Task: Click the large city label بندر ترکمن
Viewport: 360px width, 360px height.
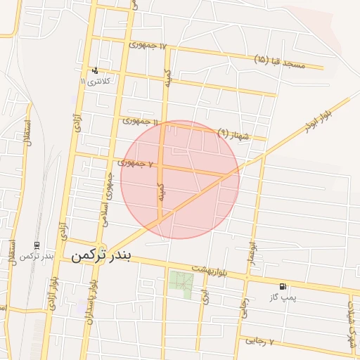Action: click(101, 255)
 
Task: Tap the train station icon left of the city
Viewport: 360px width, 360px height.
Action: click(37, 245)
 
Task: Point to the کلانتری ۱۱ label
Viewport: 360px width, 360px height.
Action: click(96, 81)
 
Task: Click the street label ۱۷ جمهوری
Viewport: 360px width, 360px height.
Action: click(148, 45)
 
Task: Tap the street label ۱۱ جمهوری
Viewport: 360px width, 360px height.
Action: click(140, 121)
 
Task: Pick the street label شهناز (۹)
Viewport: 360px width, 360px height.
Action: click(234, 133)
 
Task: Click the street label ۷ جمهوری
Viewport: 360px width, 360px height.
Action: click(136, 163)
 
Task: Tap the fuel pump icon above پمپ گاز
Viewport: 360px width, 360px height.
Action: click(283, 286)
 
